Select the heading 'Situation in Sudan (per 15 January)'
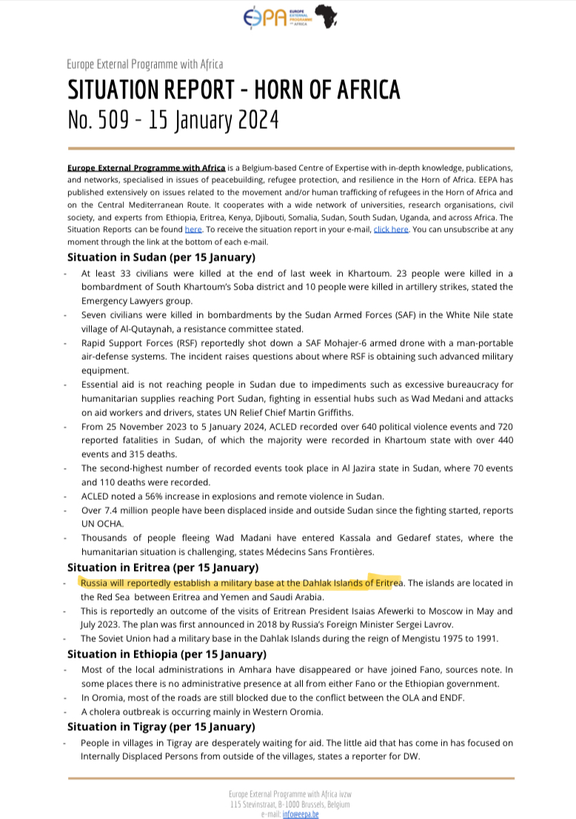click(x=161, y=257)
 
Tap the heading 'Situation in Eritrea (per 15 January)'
click(x=163, y=567)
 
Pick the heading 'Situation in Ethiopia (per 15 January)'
click(x=167, y=654)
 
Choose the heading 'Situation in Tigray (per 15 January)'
click(x=162, y=726)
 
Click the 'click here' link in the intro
click(x=391, y=230)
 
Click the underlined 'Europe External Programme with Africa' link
click(x=146, y=168)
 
